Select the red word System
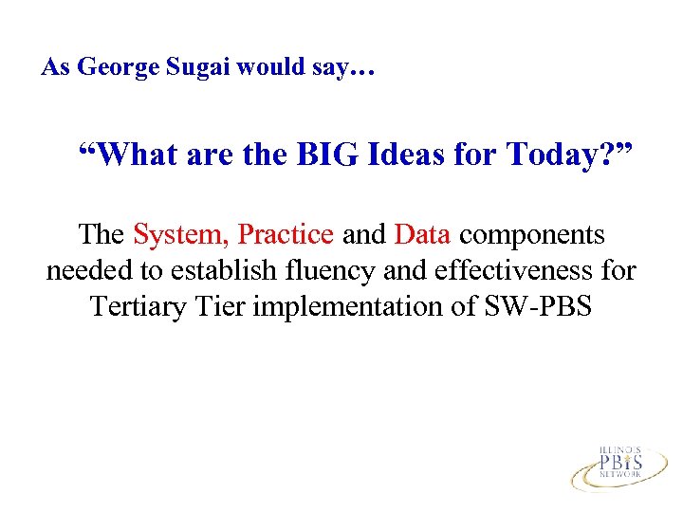pyautogui.click(x=182, y=233)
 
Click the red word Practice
pyautogui.click(x=286, y=233)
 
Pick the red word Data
pyautogui.click(x=422, y=233)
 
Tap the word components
pyautogui.click(x=532, y=235)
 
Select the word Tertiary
pyautogui.click(x=135, y=308)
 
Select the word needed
pyautogui.click(x=88, y=270)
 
